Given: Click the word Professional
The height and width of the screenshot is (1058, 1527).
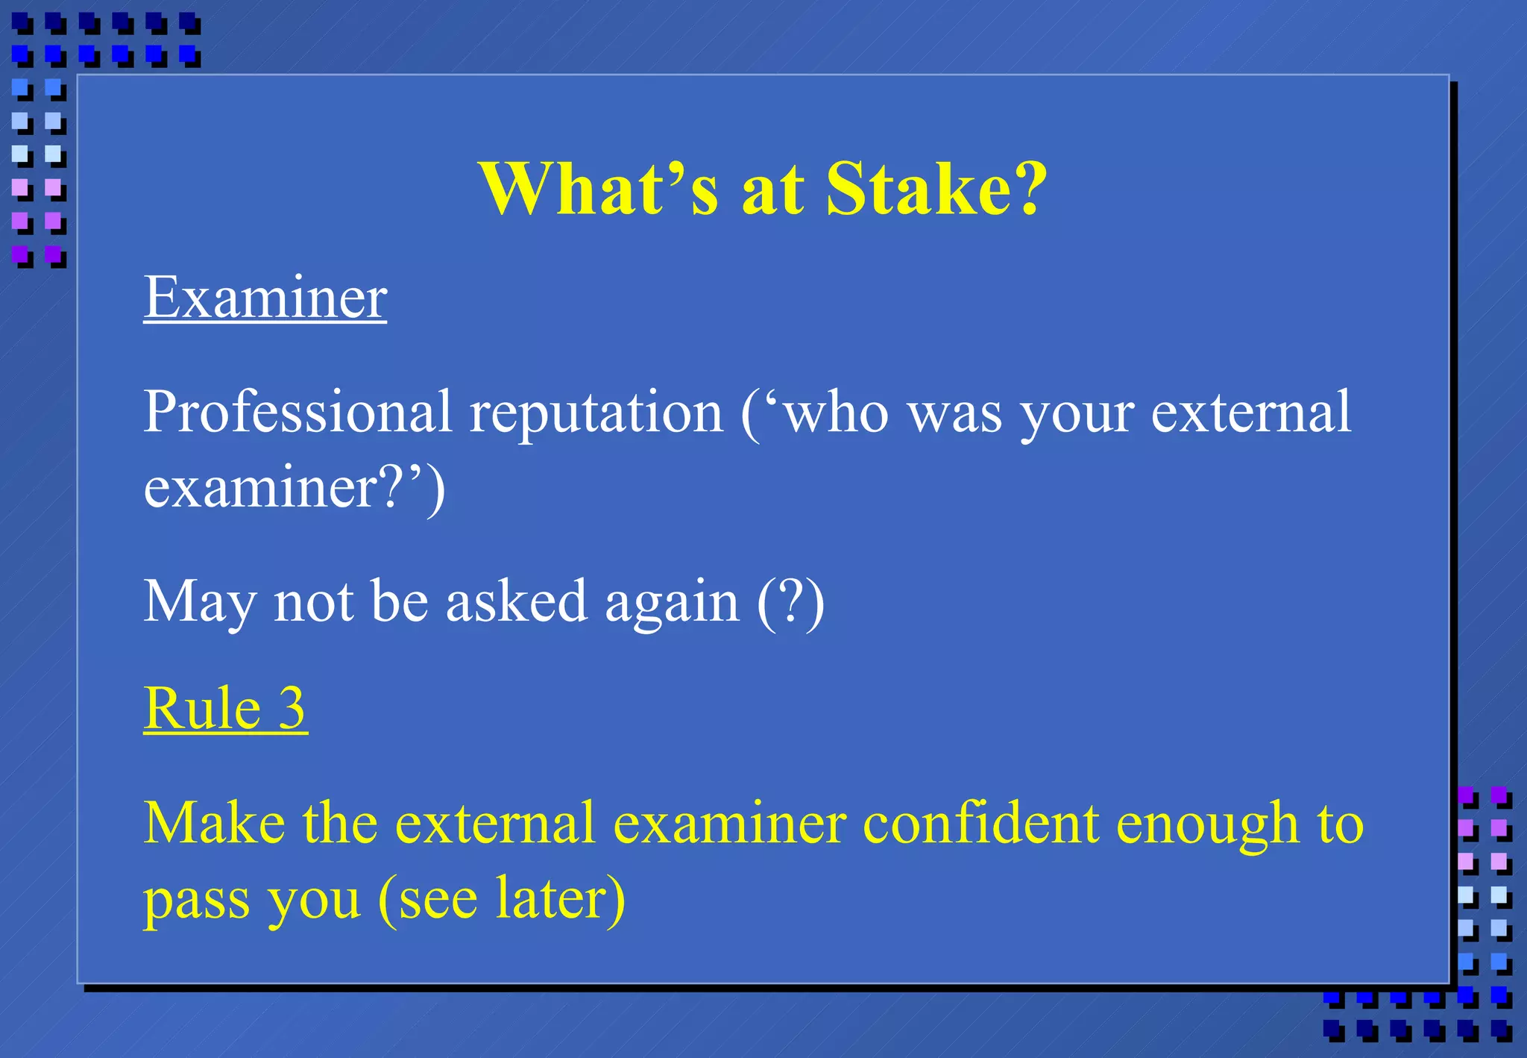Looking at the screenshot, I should point(297,412).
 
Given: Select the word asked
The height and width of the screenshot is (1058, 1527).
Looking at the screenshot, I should point(516,601).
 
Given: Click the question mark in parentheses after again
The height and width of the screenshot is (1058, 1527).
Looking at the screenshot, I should point(791,601).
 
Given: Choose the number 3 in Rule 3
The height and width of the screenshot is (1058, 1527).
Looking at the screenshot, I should point(292,708).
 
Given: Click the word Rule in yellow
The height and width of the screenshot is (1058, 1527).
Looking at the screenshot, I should point(202,708).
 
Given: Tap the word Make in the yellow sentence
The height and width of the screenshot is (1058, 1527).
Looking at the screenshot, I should point(214,823).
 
